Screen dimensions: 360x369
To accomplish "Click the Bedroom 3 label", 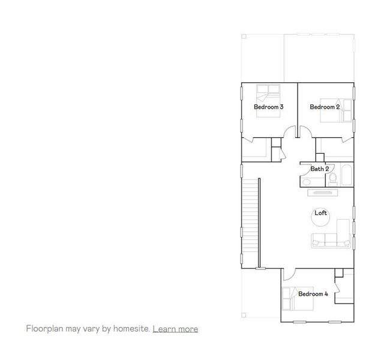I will [268, 107].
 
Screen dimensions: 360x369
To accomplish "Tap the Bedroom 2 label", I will [325, 107].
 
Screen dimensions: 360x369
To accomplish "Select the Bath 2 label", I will [319, 169].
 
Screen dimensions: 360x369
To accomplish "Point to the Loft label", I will [320, 213].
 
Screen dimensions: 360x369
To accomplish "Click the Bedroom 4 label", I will [313, 294].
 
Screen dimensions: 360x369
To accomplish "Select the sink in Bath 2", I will [307, 181].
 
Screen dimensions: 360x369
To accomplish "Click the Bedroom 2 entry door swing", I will [305, 132].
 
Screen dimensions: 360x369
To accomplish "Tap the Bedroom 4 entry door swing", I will [289, 274].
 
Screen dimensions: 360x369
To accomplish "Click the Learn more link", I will [175, 329].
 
